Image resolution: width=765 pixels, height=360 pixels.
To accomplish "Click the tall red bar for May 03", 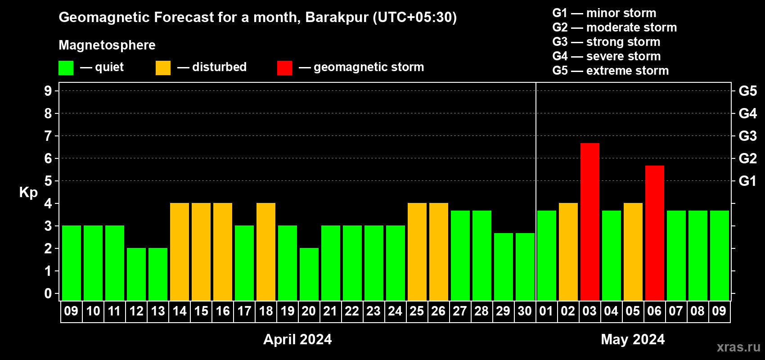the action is tap(590, 222).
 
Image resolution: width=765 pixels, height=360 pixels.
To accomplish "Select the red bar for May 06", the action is tap(655, 233).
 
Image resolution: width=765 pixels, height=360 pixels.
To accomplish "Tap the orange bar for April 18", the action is tap(266, 252).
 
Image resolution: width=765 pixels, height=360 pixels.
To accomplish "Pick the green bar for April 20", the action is tap(309, 274).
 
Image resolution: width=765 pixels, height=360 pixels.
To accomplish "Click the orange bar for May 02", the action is tap(568, 252).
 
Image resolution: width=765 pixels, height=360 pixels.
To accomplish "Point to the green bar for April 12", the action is tap(136, 274).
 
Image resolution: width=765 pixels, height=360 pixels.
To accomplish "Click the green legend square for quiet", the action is tap(66, 67).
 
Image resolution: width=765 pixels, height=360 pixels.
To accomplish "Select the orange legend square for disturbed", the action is tap(163, 67).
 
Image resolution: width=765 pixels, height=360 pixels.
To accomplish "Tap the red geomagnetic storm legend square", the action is tap(284, 67).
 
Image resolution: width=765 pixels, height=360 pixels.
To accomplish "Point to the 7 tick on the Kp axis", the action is tap(48, 136).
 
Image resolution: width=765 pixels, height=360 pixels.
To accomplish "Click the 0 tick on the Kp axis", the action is tap(48, 293).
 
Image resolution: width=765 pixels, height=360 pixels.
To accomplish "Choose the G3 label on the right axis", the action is tap(747, 136).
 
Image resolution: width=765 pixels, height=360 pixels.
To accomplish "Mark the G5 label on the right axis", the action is tap(747, 91).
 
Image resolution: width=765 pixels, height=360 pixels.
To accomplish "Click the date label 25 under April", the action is tap(417, 311).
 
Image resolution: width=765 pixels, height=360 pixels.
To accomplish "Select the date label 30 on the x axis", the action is tap(525, 311).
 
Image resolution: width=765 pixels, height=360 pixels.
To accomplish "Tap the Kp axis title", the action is tap(28, 193).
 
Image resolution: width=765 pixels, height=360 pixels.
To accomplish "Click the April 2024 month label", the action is tap(297, 339).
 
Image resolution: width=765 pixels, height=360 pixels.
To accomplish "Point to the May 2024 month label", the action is tap(633, 339).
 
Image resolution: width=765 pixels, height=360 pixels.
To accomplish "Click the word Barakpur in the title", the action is tap(337, 17).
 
